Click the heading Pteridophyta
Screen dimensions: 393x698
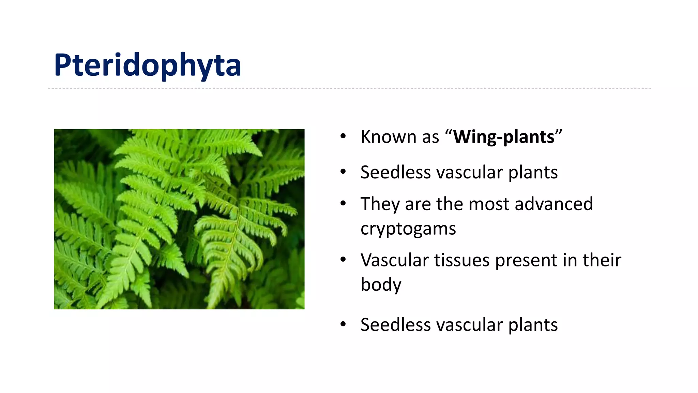tap(147, 65)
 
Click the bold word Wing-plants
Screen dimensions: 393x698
tap(504, 137)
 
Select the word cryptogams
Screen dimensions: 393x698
tap(408, 229)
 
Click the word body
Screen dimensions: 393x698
tap(381, 285)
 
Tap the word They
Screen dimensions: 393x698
tap(380, 204)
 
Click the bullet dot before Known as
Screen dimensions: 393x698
tap(343, 137)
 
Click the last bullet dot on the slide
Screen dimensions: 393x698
tap(343, 324)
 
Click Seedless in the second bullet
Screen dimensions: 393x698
tap(396, 172)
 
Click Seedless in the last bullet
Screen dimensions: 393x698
tap(396, 325)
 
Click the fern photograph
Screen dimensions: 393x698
tap(179, 219)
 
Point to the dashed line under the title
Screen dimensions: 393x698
tap(349, 88)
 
